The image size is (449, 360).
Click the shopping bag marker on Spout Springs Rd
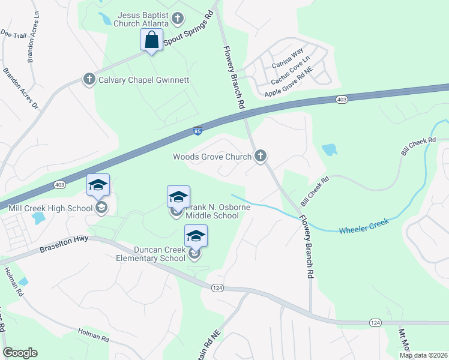pos(151,40)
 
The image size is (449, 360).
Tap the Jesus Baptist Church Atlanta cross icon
pos(177,19)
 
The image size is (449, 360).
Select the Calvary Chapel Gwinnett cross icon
pos(89,79)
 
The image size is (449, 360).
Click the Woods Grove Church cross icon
pos(260,157)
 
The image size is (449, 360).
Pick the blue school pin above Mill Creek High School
pos(98,185)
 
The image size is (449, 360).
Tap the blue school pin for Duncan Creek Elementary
pos(196,236)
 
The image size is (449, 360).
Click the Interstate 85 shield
pos(198,130)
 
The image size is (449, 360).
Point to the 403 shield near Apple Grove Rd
pos(342,100)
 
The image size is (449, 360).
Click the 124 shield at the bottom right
pos(375,323)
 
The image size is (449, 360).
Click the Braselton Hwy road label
pos(59,246)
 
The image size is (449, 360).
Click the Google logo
pos(20,353)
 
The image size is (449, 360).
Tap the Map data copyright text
pos(423,355)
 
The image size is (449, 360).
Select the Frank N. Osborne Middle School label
pos(211,211)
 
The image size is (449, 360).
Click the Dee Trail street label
pos(13,35)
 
